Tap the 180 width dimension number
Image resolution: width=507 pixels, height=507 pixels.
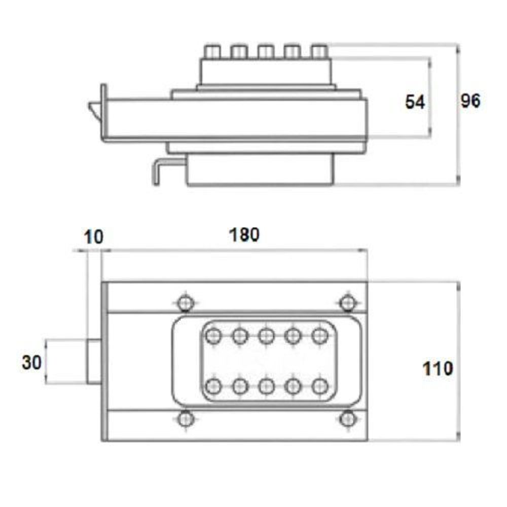(x=244, y=235)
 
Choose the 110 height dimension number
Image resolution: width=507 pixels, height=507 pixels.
(x=438, y=368)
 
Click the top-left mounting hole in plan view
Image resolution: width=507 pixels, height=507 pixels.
(x=186, y=303)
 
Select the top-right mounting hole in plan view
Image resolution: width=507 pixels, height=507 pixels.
(x=348, y=303)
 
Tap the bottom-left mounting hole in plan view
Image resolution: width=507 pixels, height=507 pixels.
(x=186, y=419)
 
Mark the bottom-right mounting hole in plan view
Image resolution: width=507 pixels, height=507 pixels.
(x=348, y=419)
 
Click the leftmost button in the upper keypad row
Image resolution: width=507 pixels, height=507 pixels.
(x=213, y=336)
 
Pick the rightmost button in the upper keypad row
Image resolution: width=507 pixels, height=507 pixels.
(x=320, y=336)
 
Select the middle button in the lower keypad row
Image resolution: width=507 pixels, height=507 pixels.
(x=267, y=386)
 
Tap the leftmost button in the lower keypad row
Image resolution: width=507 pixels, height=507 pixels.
(x=213, y=386)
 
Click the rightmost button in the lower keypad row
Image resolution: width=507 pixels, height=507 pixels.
(x=320, y=386)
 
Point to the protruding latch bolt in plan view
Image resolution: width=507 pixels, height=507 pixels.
(x=94, y=361)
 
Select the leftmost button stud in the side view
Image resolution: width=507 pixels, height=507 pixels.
(x=212, y=52)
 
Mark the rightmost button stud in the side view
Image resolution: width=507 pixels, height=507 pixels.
(x=319, y=52)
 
